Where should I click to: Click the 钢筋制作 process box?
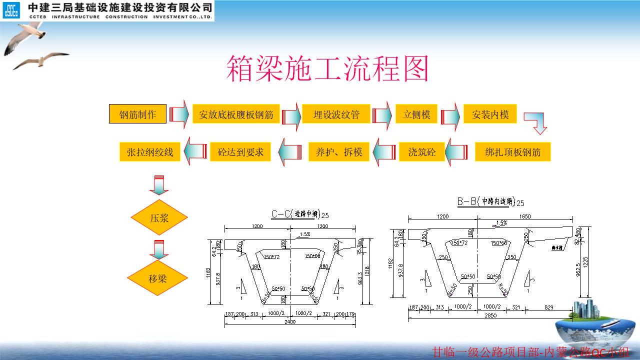point(137,114)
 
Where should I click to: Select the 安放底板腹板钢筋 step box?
point(236,114)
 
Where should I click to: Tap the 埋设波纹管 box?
point(336,114)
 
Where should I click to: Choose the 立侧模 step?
point(416,114)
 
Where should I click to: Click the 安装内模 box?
point(490,114)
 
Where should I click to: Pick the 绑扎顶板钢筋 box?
point(512,152)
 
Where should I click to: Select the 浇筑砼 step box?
point(422,152)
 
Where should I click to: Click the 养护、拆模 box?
point(339,152)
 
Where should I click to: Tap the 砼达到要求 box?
point(240,152)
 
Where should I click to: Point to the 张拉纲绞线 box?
point(150,152)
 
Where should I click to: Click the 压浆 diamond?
point(159,217)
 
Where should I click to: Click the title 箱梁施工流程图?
point(327,68)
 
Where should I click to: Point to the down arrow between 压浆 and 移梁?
point(159,248)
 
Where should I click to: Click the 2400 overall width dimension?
point(290,321)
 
